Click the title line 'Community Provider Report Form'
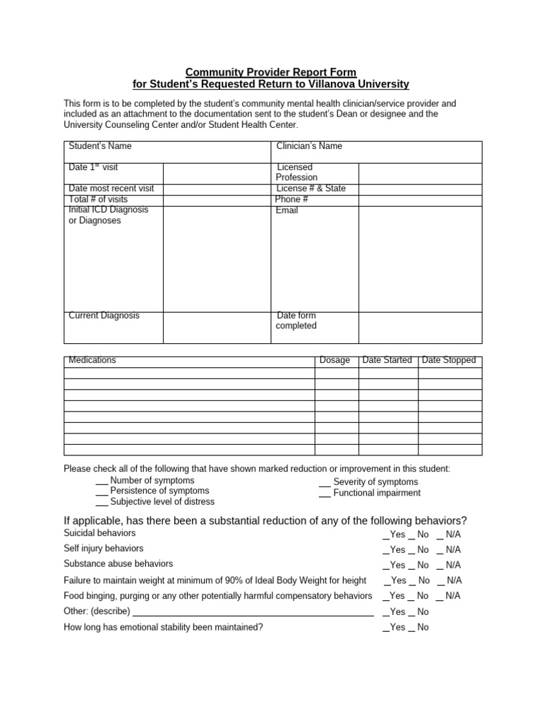pyautogui.click(x=270, y=72)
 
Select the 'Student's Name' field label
pyautogui.click(x=100, y=146)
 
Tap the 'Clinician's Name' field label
pyautogui.click(x=309, y=146)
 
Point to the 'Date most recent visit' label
pyautogui.click(x=111, y=189)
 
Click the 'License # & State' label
pyautogui.click(x=311, y=189)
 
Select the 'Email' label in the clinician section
pyautogui.click(x=287, y=210)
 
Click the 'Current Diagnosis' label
pyautogui.click(x=104, y=316)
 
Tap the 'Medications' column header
pyautogui.click(x=92, y=360)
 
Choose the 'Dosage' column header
pyautogui.click(x=335, y=360)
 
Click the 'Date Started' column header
pyautogui.click(x=387, y=360)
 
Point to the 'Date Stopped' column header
pyautogui.click(x=449, y=360)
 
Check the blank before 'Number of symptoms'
pyautogui.click(x=102, y=482)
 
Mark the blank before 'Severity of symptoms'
pyautogui.click(x=325, y=484)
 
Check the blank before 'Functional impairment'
pyautogui.click(x=325, y=494)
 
